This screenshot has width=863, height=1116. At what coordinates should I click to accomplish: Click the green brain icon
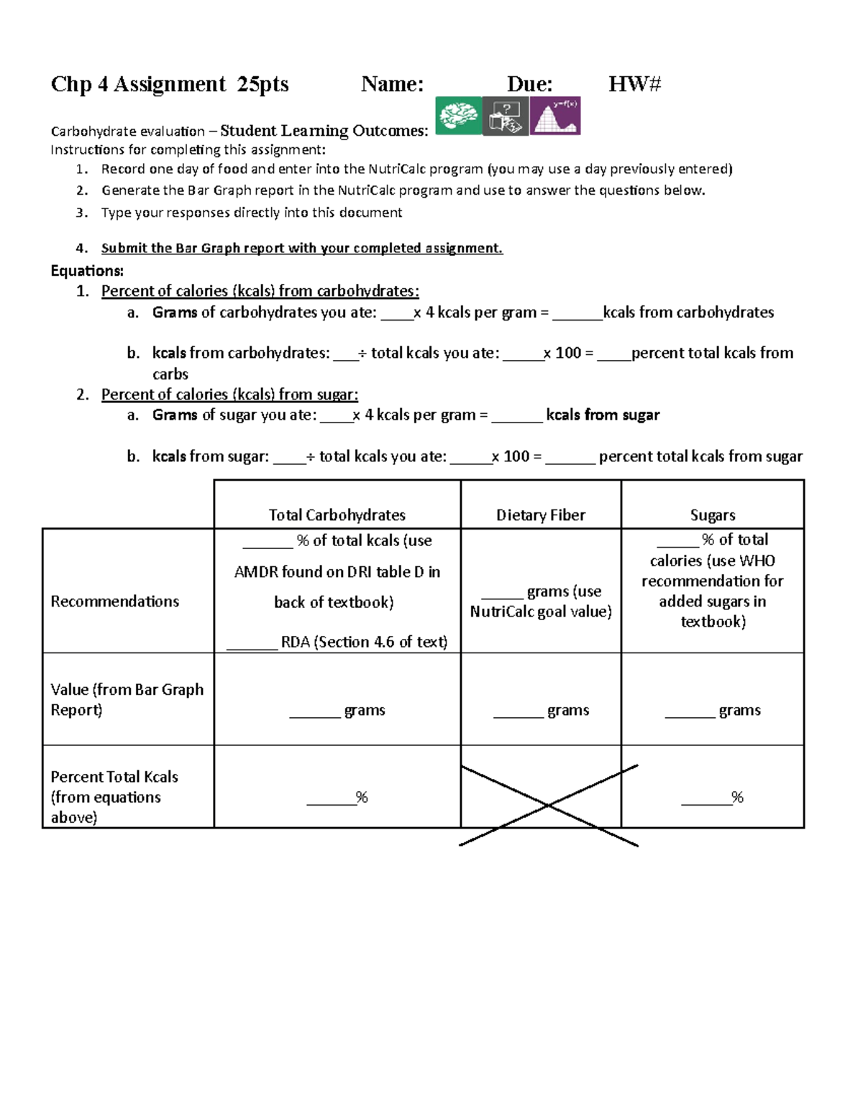coord(458,116)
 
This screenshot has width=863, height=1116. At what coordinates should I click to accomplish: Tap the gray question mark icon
coord(505,116)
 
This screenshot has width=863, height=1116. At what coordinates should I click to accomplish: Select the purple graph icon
coord(554,116)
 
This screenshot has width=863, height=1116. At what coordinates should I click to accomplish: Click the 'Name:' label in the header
coord(392,84)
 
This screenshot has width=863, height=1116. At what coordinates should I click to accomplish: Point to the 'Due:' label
coord(529,84)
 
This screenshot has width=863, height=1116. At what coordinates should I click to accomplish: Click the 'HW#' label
coord(634,84)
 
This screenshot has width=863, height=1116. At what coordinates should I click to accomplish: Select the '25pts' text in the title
coord(262,84)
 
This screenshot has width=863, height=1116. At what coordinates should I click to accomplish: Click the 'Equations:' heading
coord(87,270)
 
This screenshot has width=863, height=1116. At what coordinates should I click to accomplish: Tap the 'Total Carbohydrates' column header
coord(337,515)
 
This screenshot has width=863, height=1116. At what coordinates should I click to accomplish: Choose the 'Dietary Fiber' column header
coord(540,515)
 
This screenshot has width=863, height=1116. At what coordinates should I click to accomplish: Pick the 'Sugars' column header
coord(712,515)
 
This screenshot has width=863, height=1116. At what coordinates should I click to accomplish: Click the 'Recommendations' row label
coord(114,601)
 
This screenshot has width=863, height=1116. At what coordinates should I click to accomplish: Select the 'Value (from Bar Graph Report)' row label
coord(127,699)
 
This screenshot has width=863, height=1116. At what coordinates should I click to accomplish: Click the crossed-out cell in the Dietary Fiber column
coord(541,787)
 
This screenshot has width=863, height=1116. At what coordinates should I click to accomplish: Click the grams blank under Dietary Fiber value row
coord(518,711)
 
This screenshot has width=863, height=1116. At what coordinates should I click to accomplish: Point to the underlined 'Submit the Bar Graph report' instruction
coord(301,248)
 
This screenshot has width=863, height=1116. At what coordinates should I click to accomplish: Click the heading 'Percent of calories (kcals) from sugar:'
coord(229,394)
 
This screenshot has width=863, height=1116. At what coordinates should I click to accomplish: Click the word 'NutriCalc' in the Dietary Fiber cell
coord(502,611)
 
